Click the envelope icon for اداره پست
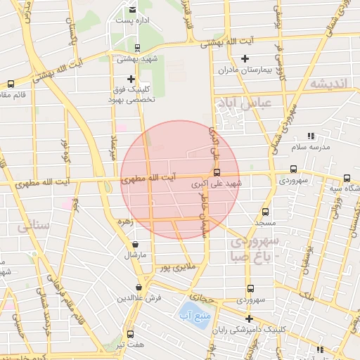(133, 9)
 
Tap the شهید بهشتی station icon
(137, 49)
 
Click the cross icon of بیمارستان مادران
(245, 58)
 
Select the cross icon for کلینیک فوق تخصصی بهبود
(131, 79)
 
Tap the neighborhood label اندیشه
(328, 84)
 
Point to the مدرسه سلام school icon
(311, 136)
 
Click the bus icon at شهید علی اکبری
(217, 172)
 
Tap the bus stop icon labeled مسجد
(265, 211)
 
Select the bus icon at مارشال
(134, 244)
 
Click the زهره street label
(125, 221)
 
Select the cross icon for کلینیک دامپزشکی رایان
(249, 318)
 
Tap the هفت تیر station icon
(130, 334)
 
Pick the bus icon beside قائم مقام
(10, 84)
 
